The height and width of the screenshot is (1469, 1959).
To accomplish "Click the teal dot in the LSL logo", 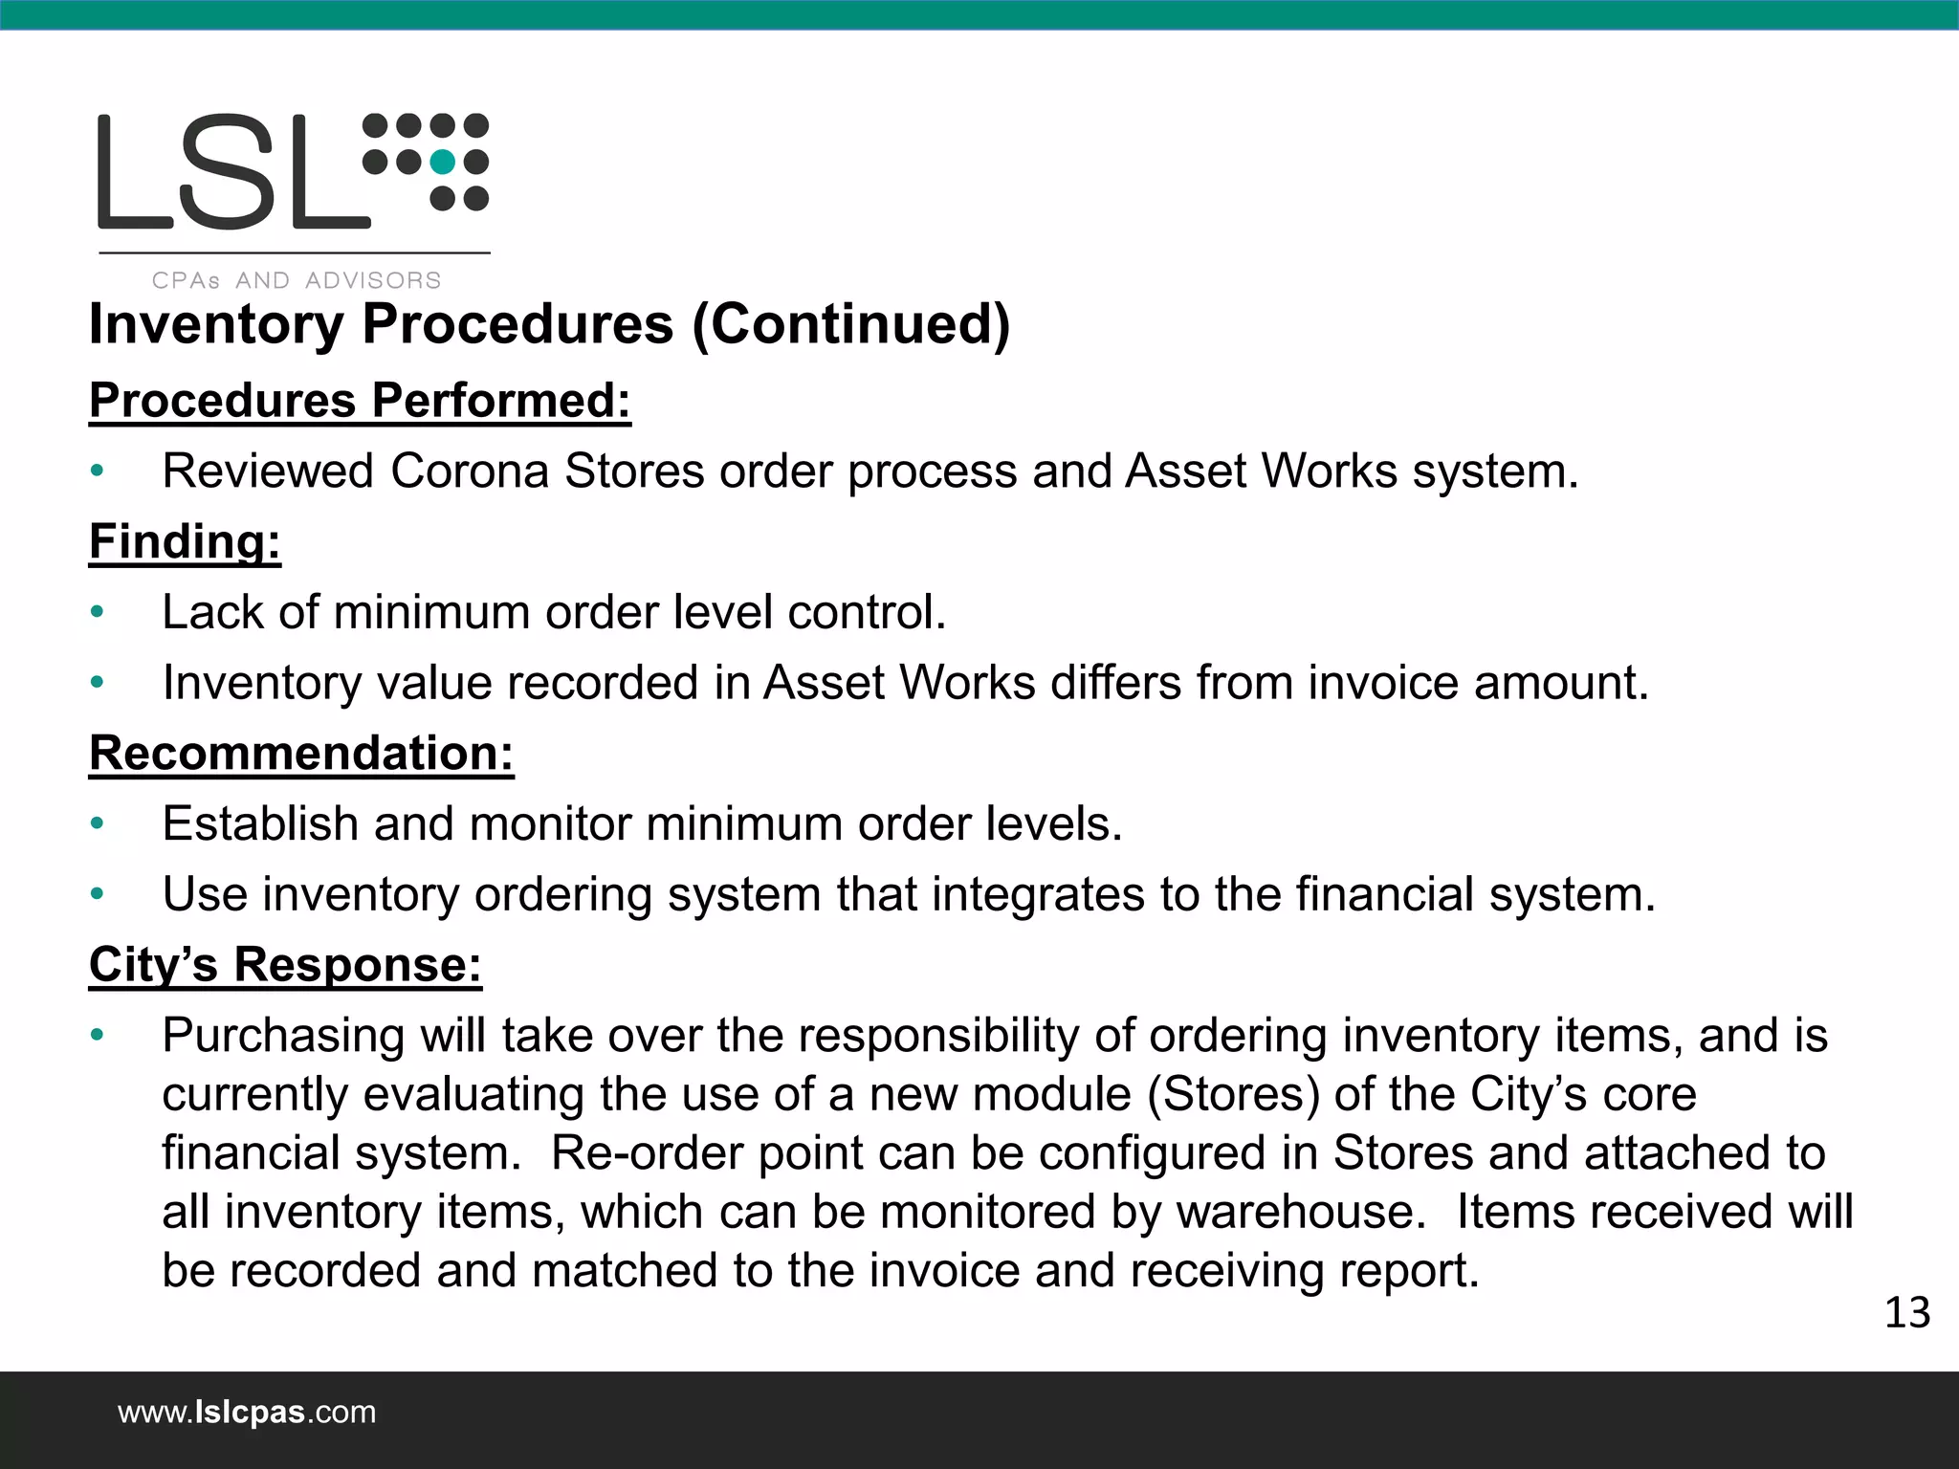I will click(442, 162).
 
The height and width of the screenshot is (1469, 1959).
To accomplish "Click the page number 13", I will click(1906, 1313).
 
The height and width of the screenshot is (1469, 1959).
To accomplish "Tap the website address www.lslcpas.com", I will click(247, 1412).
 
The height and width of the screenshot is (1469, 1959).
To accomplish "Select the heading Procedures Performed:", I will click(360, 400).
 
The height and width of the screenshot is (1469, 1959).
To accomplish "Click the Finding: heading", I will click(185, 541).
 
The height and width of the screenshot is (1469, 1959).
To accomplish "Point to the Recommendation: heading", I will click(301, 753).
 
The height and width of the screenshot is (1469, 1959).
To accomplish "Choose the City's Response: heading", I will click(285, 964).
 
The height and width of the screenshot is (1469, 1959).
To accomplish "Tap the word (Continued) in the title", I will click(850, 324).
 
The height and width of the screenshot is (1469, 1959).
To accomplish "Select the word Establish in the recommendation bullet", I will click(260, 823).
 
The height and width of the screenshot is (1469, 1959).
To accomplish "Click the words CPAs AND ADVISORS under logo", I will click(297, 280).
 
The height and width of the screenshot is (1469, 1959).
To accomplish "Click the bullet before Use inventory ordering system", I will click(97, 895).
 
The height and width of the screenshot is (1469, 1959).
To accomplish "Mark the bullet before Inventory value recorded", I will click(97, 683).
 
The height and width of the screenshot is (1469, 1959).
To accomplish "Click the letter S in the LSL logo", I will click(232, 172).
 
